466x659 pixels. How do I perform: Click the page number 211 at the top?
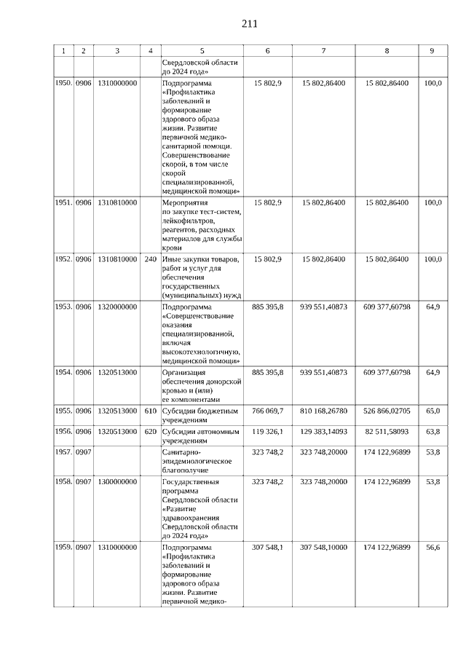249,23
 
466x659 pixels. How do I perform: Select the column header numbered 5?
202,51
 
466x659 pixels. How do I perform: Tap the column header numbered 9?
433,51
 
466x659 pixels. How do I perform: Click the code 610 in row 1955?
151,411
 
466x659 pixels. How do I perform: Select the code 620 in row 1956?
151,432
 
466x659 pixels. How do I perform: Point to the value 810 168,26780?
324,411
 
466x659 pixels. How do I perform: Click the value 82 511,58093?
387,432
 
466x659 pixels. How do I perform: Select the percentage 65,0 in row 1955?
433,411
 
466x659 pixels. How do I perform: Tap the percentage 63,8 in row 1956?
433,432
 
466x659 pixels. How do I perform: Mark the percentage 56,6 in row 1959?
433,547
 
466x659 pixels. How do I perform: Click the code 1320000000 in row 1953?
117,307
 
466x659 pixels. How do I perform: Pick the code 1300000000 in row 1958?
117,482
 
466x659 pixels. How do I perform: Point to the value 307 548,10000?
324,547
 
